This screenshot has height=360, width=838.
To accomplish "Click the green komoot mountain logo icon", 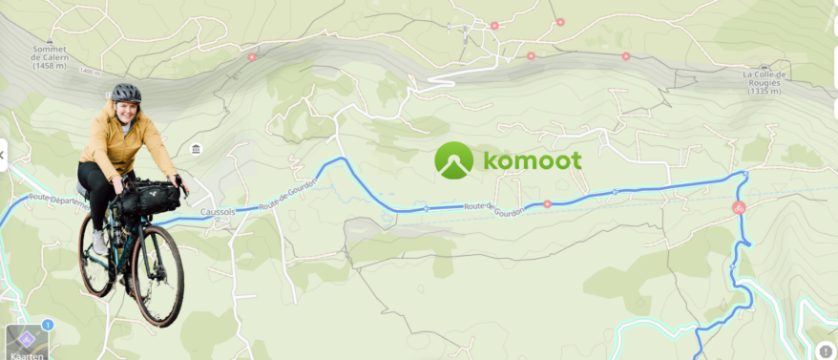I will tap(453, 160).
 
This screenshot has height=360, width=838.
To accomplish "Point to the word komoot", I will tap(532, 160).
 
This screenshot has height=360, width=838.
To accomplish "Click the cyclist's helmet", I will tap(125, 93).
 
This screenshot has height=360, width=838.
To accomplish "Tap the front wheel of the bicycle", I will tap(157, 274).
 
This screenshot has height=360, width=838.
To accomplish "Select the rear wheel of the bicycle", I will tap(96, 255).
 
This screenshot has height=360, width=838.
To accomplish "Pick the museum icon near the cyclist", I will tap(196, 149).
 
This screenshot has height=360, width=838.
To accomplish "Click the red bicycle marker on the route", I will tap(738, 207).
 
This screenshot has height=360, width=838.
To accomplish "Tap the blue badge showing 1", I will tap(47, 325).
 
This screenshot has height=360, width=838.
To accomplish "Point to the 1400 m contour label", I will tap(90, 73).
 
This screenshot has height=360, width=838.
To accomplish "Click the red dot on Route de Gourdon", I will tap(547, 203).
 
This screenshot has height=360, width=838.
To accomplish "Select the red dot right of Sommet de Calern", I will tap(252, 57).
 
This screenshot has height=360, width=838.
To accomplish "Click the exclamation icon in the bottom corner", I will tap(826, 349).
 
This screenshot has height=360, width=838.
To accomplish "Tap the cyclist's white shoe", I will tap(100, 242).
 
